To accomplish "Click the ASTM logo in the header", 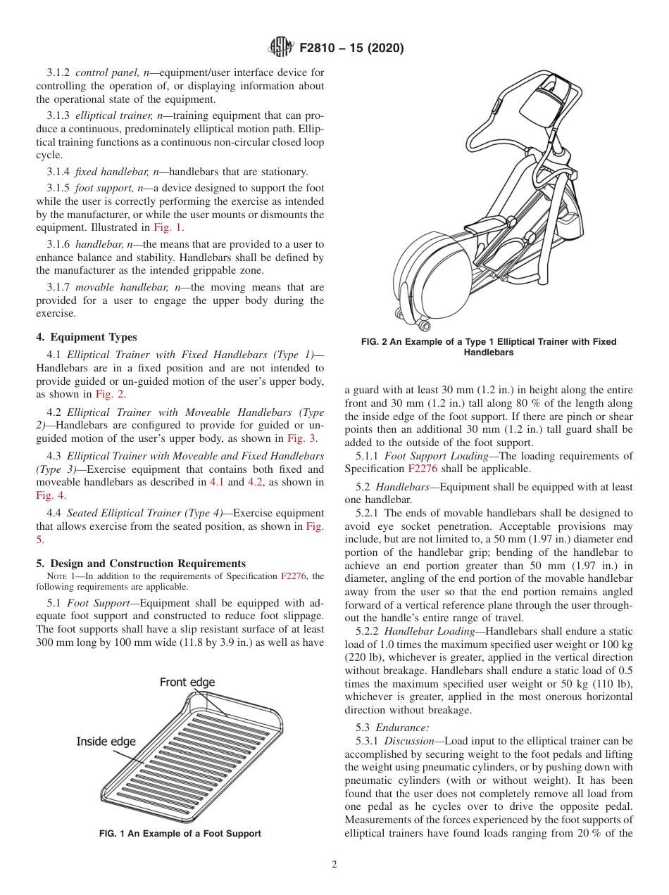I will (280, 48).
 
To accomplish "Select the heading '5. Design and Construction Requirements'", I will (141, 564).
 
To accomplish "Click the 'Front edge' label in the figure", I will (187, 682).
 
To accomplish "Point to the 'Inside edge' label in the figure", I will (106, 742).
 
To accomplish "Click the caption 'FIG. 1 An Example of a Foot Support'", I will (180, 834).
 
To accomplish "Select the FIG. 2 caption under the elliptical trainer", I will (488, 347).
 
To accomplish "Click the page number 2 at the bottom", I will (334, 865).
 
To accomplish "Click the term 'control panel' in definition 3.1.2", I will (103, 72).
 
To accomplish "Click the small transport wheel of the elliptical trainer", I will (425, 325).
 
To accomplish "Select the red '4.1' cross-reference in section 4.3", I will (218, 482).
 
